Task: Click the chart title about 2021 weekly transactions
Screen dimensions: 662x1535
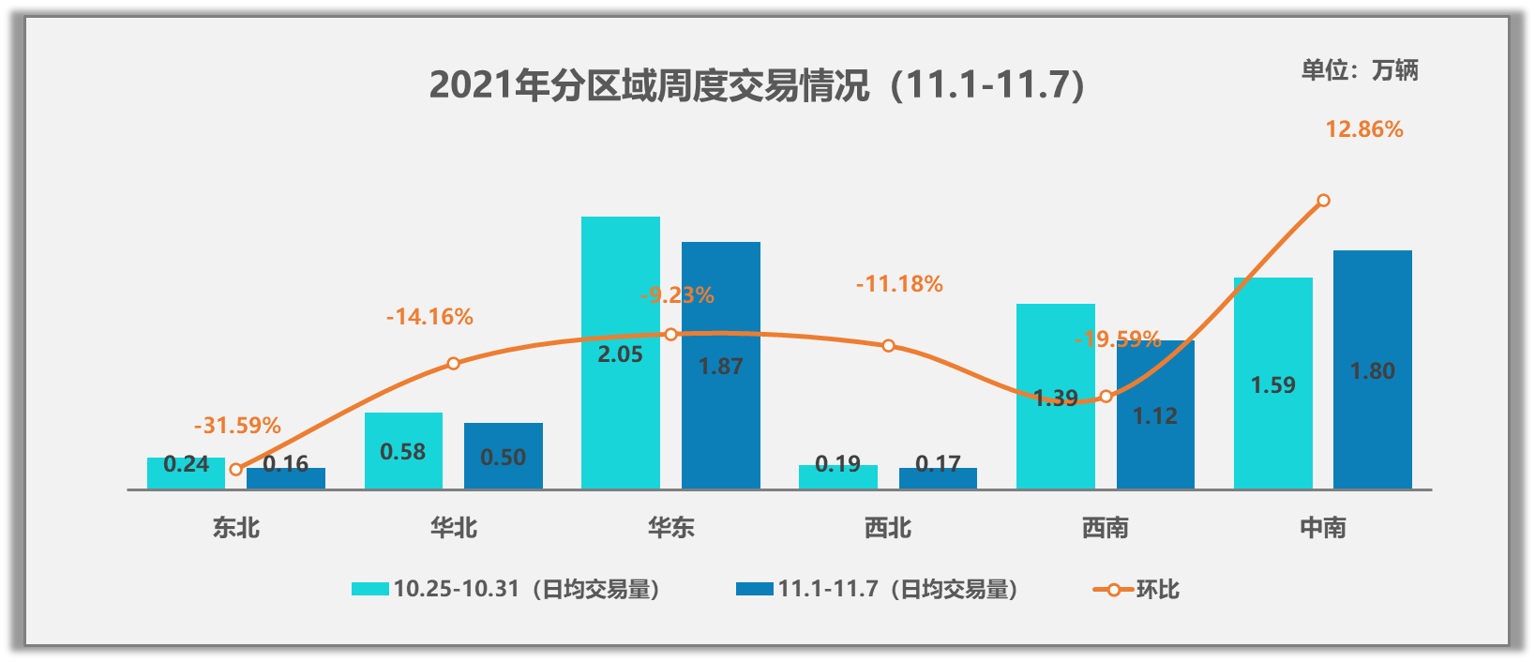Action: click(x=758, y=85)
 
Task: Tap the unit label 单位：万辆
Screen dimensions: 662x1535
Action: click(x=1359, y=70)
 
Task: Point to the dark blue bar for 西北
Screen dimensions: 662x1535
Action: click(x=938, y=478)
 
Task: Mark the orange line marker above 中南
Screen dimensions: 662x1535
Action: click(x=1323, y=201)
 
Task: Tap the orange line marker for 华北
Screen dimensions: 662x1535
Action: click(x=453, y=363)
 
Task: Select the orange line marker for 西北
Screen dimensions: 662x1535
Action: click(x=888, y=346)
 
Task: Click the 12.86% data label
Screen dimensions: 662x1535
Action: click(x=1363, y=129)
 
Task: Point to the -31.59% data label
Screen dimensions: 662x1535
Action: click(x=237, y=426)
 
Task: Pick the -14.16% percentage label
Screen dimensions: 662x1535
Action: click(x=429, y=317)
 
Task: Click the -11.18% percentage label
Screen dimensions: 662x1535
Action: click(x=899, y=284)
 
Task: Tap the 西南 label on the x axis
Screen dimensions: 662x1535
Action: click(x=1106, y=528)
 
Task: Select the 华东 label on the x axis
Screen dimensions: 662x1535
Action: click(x=670, y=528)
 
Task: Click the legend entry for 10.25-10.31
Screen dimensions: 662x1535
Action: click(x=506, y=589)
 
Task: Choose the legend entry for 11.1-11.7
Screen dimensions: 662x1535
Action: click(x=878, y=589)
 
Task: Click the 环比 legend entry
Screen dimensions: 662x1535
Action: click(x=1137, y=589)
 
